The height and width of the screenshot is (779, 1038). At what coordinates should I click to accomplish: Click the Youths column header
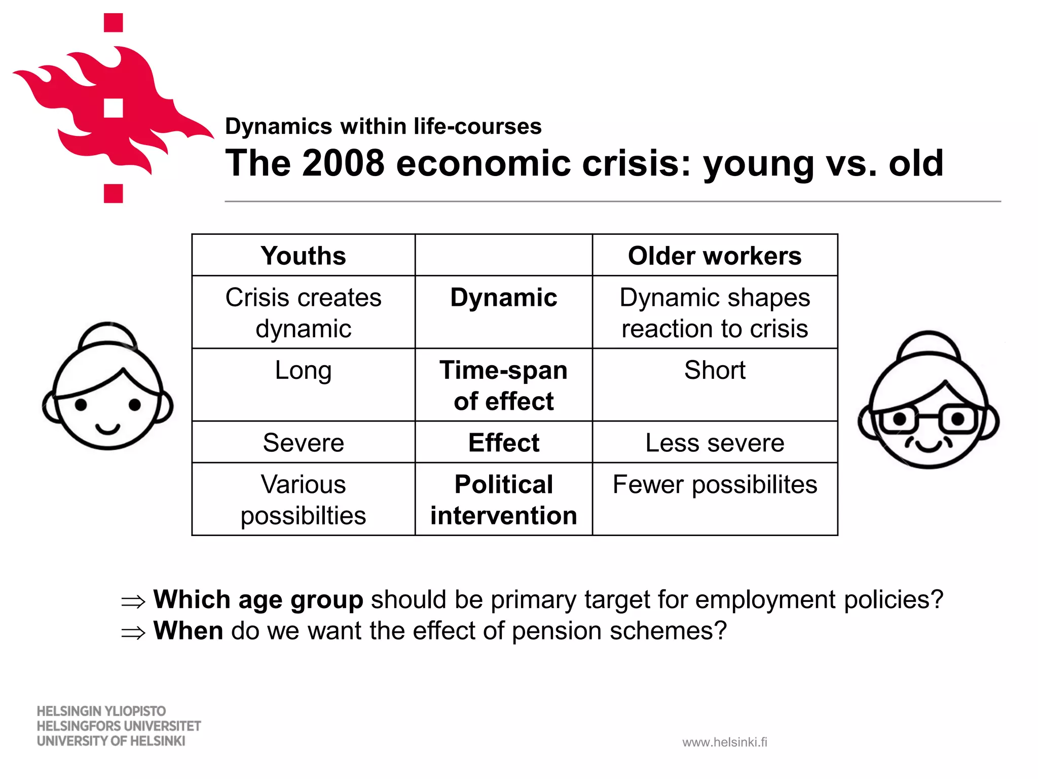tap(303, 256)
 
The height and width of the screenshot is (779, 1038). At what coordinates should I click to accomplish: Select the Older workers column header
tap(715, 256)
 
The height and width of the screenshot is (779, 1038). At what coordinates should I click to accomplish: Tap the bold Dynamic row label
tap(503, 298)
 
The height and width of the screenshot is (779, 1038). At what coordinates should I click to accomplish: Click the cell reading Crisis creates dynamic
tap(303, 312)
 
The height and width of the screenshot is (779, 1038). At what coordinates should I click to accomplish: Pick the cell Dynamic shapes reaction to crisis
tap(715, 312)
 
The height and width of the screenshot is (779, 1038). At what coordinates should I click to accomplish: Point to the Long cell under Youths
tap(303, 370)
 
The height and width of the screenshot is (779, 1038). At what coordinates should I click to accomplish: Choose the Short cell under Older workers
tap(715, 370)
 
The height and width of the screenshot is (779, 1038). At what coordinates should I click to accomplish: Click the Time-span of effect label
tap(503, 385)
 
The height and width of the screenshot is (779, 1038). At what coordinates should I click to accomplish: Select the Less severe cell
tap(715, 443)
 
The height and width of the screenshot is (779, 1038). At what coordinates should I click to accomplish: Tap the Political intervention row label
tap(503, 500)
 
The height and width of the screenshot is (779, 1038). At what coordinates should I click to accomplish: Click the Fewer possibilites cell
tap(715, 484)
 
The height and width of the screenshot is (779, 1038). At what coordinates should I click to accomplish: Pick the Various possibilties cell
tap(303, 500)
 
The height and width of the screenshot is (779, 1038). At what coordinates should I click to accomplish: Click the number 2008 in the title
tap(343, 163)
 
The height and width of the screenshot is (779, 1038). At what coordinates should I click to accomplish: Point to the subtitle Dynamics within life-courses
tap(383, 126)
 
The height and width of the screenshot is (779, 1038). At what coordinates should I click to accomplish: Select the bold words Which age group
tap(258, 600)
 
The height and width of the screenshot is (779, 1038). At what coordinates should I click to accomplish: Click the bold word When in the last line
tap(188, 631)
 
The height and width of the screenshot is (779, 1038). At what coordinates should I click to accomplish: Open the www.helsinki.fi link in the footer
tap(725, 742)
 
